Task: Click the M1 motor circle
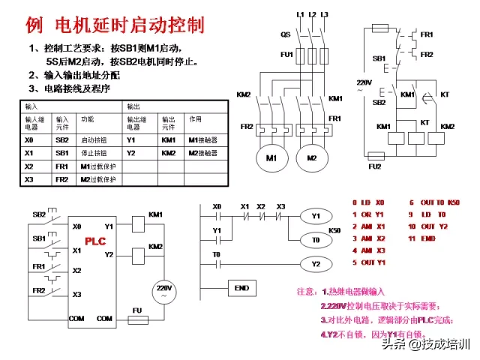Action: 271,158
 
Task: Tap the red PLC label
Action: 95,241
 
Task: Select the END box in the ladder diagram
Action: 241,288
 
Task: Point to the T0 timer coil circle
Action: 316,240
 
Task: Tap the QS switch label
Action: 286,34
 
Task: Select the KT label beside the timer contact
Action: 445,95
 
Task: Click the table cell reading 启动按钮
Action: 95,139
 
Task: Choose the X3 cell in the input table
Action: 29,180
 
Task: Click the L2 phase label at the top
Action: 312,14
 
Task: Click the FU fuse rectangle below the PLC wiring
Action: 137,319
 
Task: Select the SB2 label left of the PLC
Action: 38,214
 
